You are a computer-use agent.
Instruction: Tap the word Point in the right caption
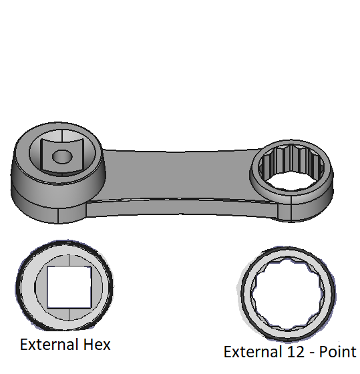(x=337, y=352)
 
